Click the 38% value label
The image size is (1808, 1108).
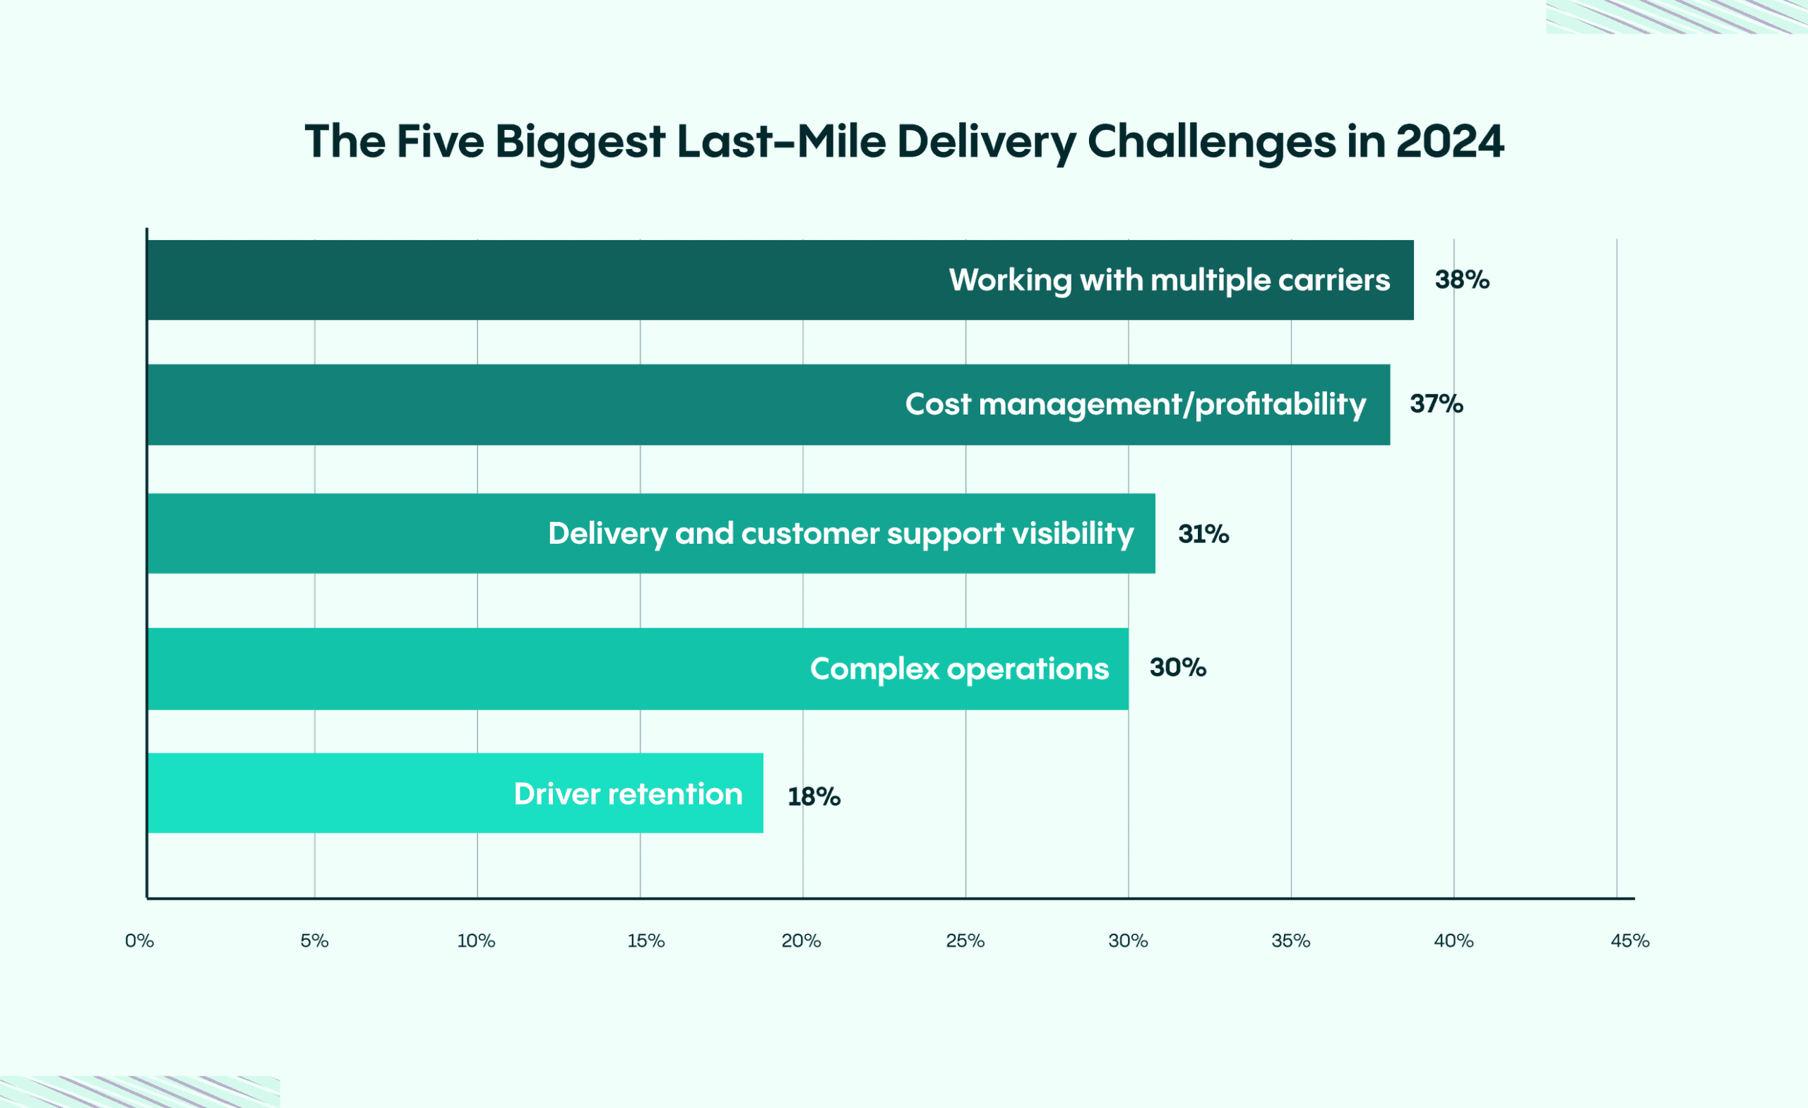tap(1462, 280)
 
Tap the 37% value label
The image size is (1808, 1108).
tap(1436, 403)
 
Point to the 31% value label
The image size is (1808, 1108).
tap(1203, 533)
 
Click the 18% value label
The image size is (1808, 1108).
tap(814, 796)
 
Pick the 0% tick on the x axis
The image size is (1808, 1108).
tap(139, 941)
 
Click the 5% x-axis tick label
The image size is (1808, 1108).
tap(314, 941)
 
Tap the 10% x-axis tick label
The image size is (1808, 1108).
tap(476, 941)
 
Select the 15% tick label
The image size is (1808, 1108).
tap(646, 941)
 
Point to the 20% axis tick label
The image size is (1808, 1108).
tap(802, 941)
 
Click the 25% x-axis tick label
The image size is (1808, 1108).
tap(965, 941)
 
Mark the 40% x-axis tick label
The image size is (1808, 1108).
tap(1453, 941)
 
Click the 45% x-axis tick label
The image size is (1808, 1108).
tap(1630, 941)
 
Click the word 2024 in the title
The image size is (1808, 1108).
tap(1450, 141)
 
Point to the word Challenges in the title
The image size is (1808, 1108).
tap(1211, 143)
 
